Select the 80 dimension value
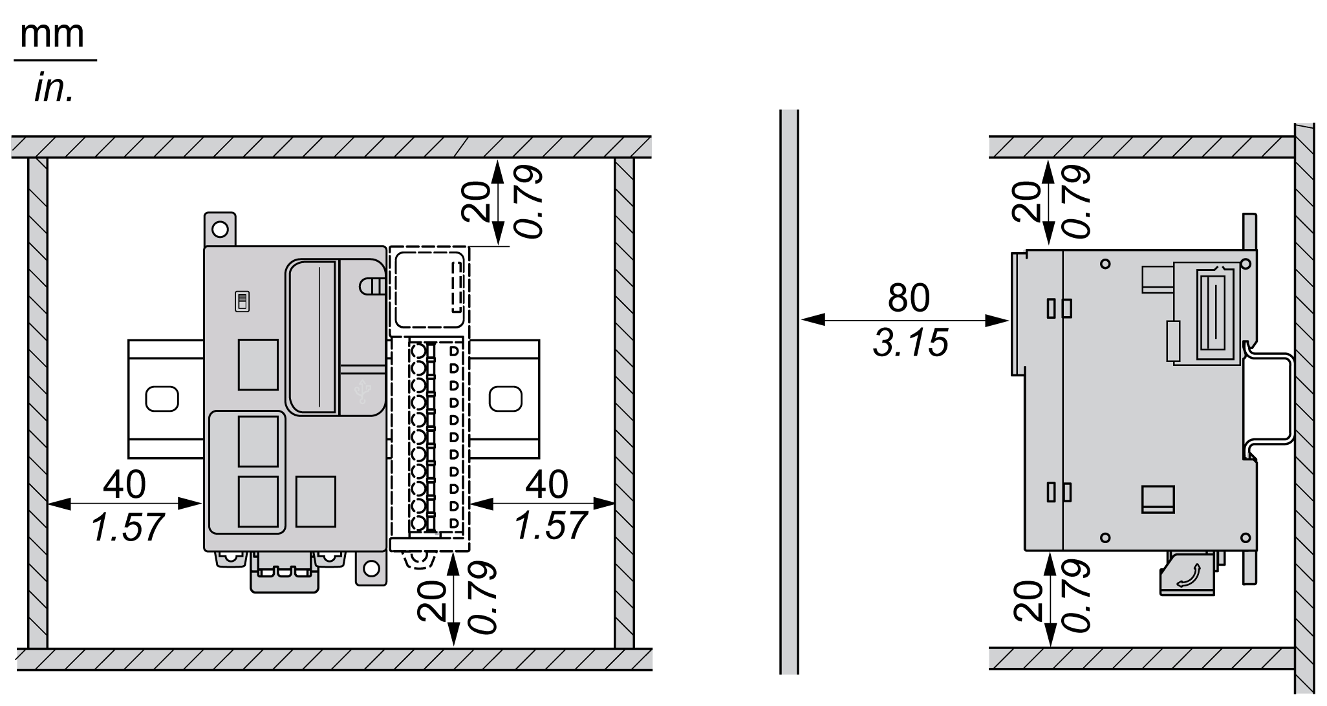coord(909,297)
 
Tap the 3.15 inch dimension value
coord(910,343)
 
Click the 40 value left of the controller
coord(125,484)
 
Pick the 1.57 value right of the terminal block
coord(550,525)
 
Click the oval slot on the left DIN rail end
coord(162,398)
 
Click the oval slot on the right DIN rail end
coord(505,398)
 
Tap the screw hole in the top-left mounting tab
coord(221,229)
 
